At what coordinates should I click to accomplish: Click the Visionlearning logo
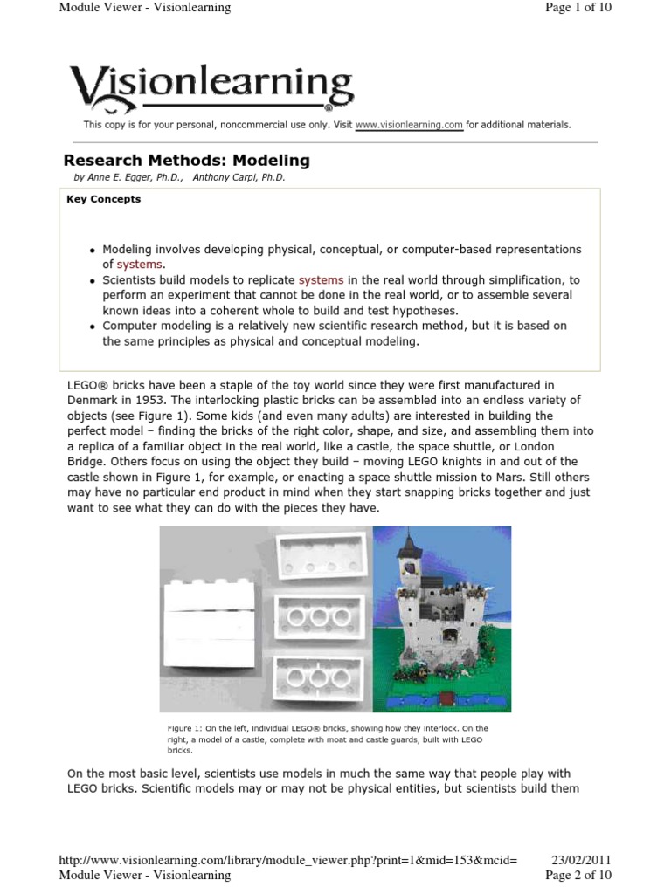[x=211, y=90]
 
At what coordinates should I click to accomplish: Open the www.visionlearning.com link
[x=409, y=125]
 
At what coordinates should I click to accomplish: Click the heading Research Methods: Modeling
[x=187, y=161]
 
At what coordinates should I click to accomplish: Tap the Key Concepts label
[x=103, y=199]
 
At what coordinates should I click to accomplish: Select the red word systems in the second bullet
[x=322, y=280]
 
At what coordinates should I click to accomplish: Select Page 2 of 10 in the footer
[x=578, y=875]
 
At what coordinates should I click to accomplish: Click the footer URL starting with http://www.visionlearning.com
[x=287, y=860]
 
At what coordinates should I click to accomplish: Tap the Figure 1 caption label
[x=188, y=728]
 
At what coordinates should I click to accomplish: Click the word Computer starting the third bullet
[x=131, y=326]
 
